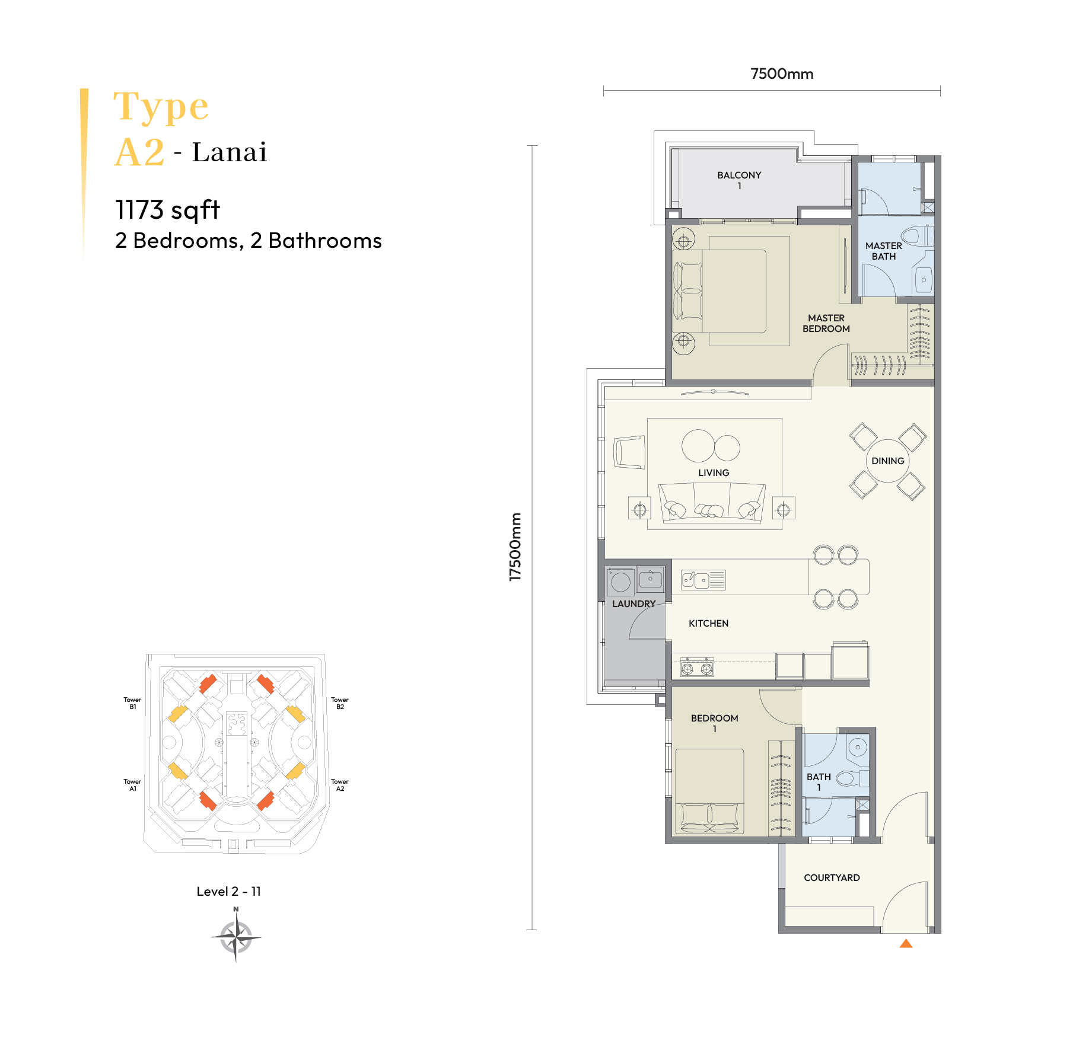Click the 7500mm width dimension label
point(782,74)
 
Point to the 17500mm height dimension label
point(515,547)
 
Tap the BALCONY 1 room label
point(739,180)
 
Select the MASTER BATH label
point(884,251)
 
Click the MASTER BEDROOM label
point(826,323)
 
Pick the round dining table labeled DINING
point(888,461)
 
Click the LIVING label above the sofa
point(714,472)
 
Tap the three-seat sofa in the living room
point(712,502)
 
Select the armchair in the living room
point(629,452)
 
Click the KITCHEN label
point(708,623)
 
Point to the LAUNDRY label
point(633,603)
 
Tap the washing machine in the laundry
point(620,581)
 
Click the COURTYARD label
point(832,877)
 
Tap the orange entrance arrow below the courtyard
point(906,943)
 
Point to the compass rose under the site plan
point(236,937)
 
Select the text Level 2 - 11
point(228,891)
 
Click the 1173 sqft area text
point(167,210)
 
